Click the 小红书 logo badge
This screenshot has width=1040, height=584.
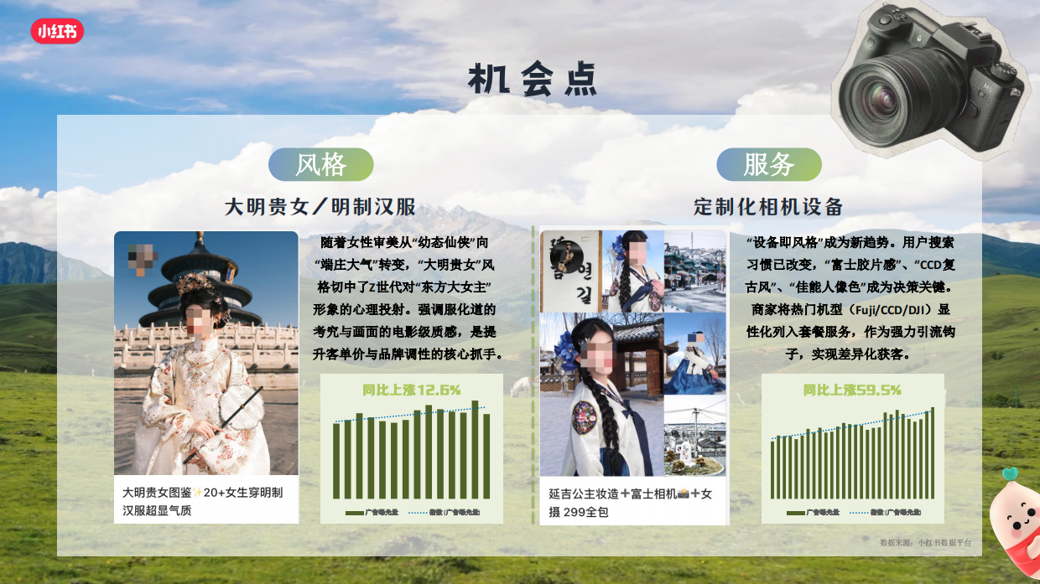pyautogui.click(x=57, y=31)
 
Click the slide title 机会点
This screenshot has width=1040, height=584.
pyautogui.click(x=533, y=80)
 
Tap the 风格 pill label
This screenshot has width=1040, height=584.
pyautogui.click(x=320, y=164)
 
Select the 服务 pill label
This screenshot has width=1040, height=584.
pyautogui.click(x=768, y=164)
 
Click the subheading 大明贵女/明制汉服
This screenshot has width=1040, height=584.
pyautogui.click(x=320, y=207)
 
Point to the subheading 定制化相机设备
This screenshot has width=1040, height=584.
pyautogui.click(x=768, y=207)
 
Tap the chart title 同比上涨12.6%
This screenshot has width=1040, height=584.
pyautogui.click(x=412, y=390)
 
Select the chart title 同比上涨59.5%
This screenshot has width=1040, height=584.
pyautogui.click(x=852, y=390)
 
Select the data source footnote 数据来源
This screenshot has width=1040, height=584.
pyautogui.click(x=925, y=542)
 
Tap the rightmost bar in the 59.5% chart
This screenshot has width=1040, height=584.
pyautogui.click(x=932, y=453)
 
